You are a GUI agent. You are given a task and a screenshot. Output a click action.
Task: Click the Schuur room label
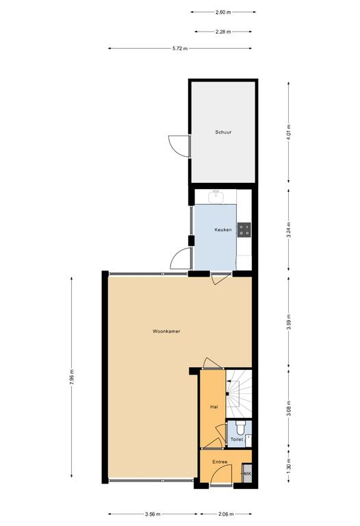[x=223, y=132]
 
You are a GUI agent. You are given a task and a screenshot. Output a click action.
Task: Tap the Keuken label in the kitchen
[x=223, y=230]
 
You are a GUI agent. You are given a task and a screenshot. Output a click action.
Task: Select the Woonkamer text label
[x=166, y=331]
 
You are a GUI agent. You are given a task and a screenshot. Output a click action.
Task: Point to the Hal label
[x=214, y=407]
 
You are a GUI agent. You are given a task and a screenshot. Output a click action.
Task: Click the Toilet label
[x=237, y=439]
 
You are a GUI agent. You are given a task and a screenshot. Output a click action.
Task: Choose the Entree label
[x=220, y=462]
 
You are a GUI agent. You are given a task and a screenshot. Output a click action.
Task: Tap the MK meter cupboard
[x=247, y=473]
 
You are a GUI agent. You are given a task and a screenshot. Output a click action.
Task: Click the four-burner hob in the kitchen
[x=244, y=230]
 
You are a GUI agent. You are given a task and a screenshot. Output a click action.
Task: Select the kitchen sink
[x=217, y=197]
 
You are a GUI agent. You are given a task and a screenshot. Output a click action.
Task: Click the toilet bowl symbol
[x=240, y=427]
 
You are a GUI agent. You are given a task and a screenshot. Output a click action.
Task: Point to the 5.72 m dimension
[x=180, y=49]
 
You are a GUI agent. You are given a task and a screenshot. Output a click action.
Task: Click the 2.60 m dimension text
[x=223, y=12]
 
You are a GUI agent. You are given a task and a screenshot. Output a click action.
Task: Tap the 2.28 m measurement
[x=223, y=32]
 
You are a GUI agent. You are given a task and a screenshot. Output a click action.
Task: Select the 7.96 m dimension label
[x=71, y=378]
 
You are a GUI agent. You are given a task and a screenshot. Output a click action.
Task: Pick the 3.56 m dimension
[x=153, y=514]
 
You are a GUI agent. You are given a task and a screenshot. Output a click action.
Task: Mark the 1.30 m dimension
[x=289, y=466]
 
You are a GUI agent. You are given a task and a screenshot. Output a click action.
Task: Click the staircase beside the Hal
[x=239, y=393]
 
